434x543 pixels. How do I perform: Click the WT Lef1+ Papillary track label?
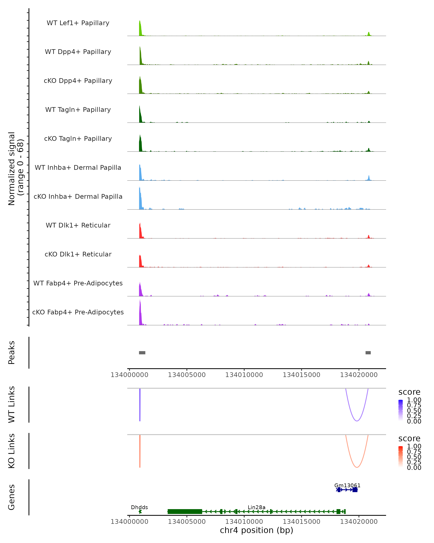coord(78,23)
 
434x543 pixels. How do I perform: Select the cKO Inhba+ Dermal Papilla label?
coord(78,196)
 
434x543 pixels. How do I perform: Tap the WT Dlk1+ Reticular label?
coord(78,225)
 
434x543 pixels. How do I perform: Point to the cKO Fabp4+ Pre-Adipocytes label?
coord(78,312)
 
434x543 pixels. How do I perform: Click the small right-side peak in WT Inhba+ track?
coord(369,178)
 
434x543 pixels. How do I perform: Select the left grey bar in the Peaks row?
coord(142,353)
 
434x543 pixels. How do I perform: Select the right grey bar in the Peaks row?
coord(368,353)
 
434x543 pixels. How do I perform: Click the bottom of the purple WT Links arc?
coord(357,421)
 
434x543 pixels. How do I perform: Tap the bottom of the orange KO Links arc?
coord(357,467)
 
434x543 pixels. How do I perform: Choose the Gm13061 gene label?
coord(347,486)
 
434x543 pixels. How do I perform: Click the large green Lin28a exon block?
coord(185,512)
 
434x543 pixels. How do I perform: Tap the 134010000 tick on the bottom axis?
coord(244,522)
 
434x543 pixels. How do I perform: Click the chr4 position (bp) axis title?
coord(256,530)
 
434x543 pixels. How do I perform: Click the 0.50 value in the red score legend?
coord(414,457)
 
